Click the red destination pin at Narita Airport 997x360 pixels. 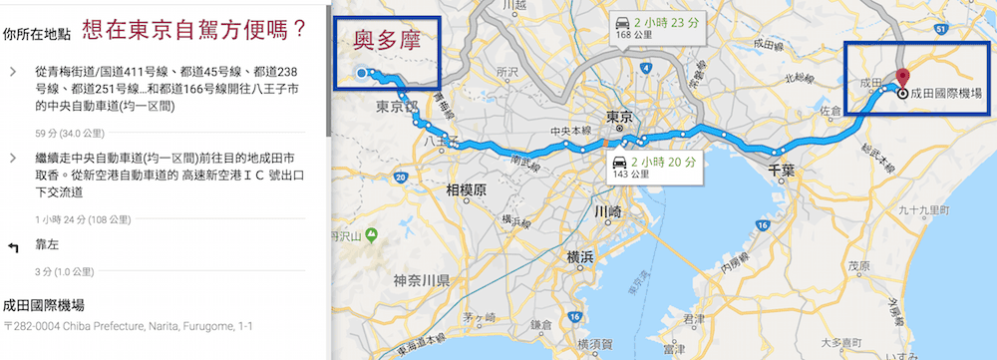(902, 77)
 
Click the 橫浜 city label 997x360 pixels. (580, 256)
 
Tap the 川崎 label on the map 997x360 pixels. (607, 211)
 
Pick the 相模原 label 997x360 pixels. (465, 189)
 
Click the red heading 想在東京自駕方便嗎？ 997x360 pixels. (194, 31)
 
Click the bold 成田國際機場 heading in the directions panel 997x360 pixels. (45, 304)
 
